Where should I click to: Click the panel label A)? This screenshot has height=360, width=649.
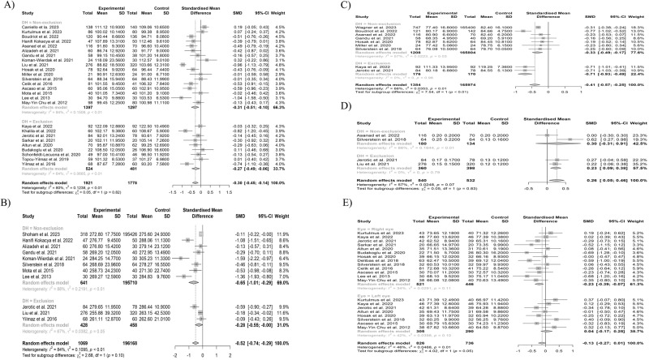(11, 6)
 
